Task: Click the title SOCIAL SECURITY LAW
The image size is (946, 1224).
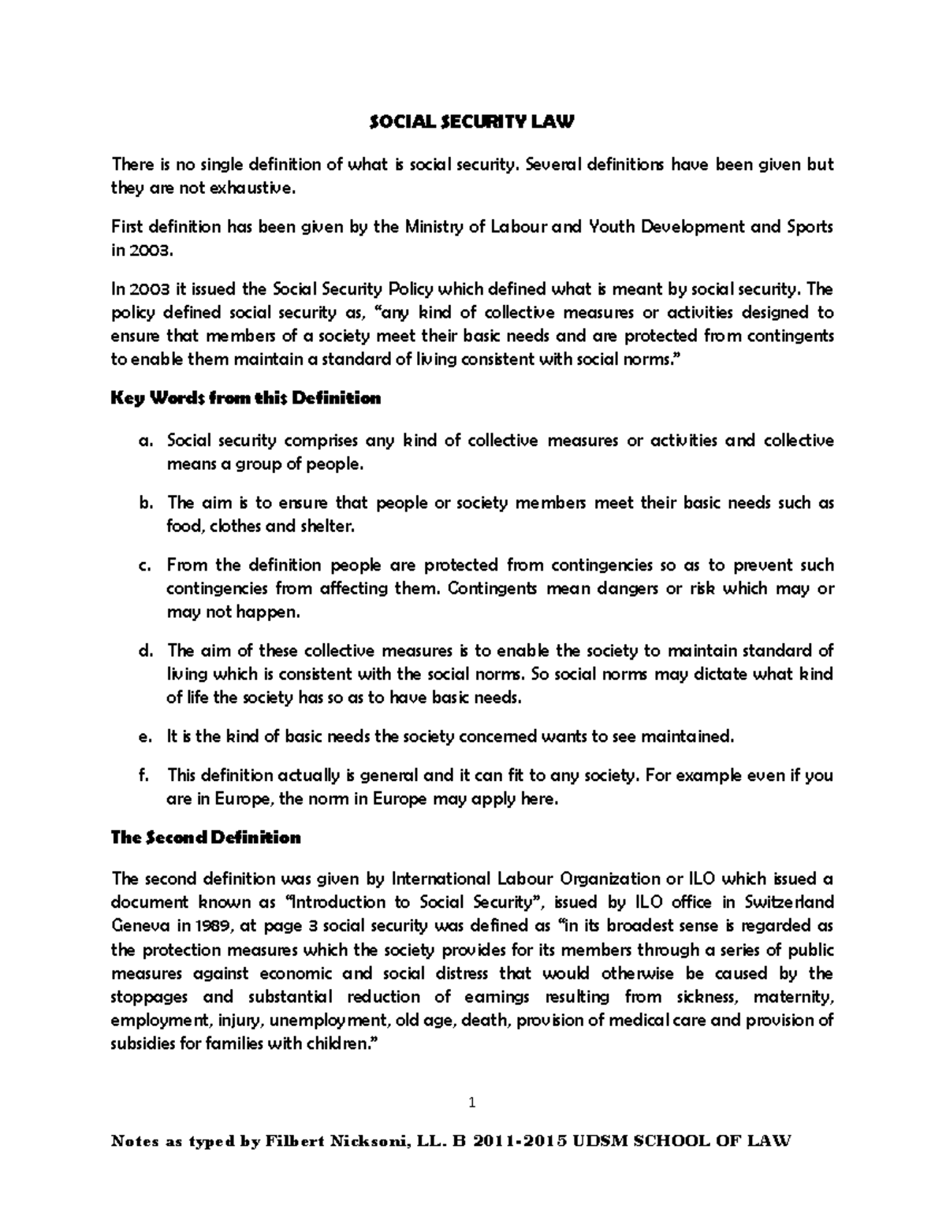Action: [472, 122]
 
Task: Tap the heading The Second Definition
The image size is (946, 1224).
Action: [207, 838]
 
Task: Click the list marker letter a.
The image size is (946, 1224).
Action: [143, 441]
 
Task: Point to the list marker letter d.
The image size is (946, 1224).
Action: [143, 651]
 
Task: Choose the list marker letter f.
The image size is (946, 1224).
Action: [143, 776]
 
